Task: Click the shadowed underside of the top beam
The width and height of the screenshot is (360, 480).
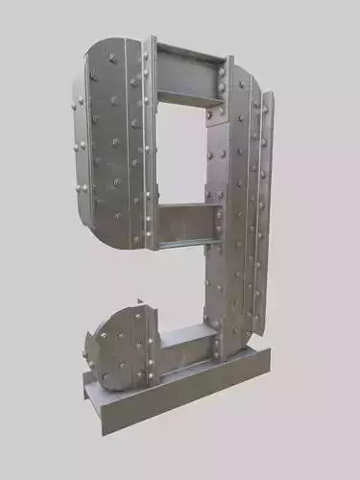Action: pyautogui.click(x=182, y=97)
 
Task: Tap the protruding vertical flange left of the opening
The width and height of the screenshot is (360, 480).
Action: pyautogui.click(x=150, y=144)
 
